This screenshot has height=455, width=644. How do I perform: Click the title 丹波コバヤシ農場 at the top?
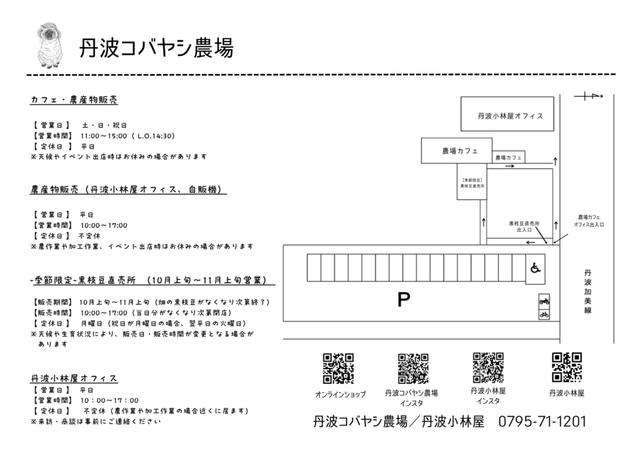[x=155, y=48]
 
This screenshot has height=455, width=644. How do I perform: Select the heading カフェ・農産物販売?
[x=74, y=100]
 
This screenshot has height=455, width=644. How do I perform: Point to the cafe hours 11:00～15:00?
[x=104, y=135]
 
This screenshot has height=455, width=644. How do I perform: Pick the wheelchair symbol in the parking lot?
[x=535, y=268]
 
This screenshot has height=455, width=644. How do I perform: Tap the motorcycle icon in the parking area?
[x=544, y=302]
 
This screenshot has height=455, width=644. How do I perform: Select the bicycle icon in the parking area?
[x=544, y=314]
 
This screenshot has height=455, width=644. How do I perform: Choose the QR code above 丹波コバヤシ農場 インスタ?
[x=413, y=369]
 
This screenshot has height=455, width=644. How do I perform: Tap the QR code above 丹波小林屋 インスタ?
[x=488, y=368]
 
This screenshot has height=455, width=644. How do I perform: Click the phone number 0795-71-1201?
[x=541, y=421]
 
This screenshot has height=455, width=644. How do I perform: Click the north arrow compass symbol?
[x=589, y=96]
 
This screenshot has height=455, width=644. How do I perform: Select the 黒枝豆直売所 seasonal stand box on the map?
[x=472, y=183]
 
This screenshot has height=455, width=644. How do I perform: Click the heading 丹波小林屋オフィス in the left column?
[x=74, y=378]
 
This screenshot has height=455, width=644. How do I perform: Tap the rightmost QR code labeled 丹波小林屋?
[x=567, y=368]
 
